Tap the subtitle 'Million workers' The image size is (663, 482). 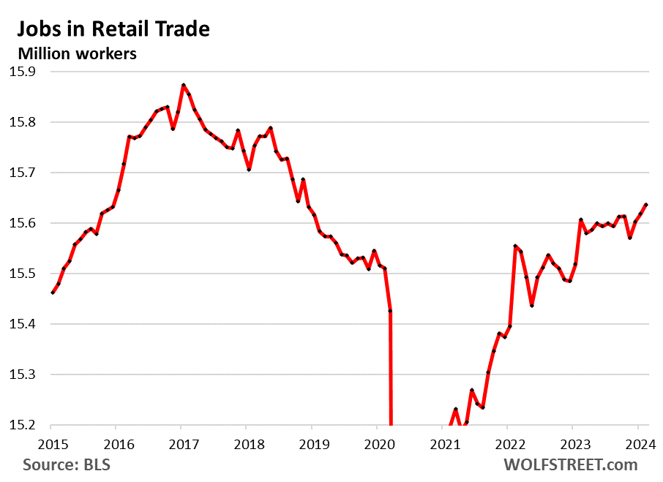click(77, 53)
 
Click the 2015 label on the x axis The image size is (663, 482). click(50, 443)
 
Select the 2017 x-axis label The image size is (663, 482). click(181, 443)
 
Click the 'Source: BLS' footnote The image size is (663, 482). click(67, 465)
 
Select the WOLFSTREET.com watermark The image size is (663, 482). click(570, 465)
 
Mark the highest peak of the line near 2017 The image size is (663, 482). click(183, 85)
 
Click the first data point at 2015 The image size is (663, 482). click(51, 293)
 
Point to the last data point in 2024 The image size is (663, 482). click(646, 205)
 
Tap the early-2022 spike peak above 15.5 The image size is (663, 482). click(515, 246)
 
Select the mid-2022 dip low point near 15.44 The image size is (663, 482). click(532, 305)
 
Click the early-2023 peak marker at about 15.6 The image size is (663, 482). click(580, 219)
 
